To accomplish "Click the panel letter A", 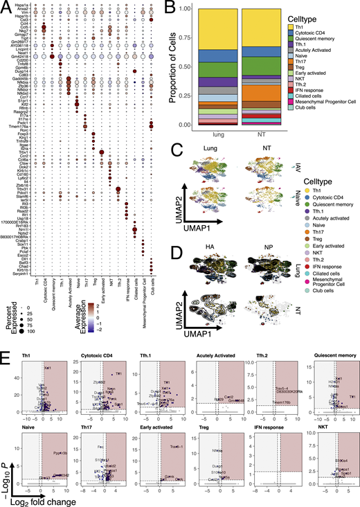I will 5,6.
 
